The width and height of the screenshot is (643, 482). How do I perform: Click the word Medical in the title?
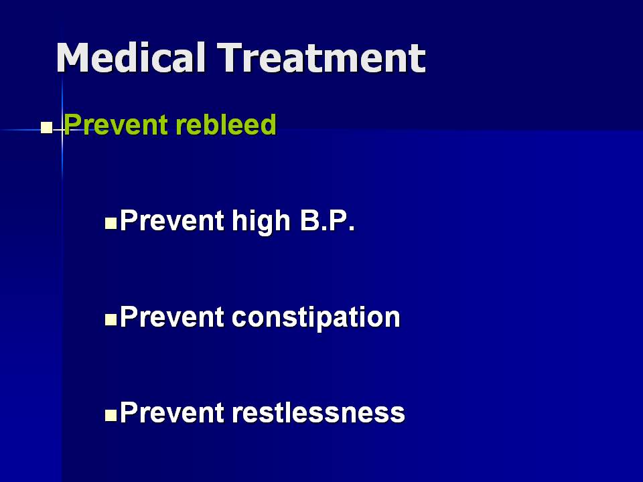click(131, 58)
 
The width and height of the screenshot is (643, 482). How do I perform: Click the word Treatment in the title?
click(321, 58)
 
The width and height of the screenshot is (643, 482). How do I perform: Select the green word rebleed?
click(226, 125)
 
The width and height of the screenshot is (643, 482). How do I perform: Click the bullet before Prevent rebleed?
click(46, 128)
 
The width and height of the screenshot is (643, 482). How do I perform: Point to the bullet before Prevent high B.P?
click(111, 224)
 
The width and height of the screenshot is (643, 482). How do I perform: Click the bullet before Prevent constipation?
click(111, 320)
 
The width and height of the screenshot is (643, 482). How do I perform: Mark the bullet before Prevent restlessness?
click(111, 416)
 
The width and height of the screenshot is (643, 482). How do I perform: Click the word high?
click(261, 222)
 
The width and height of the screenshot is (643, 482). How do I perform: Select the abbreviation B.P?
click(328, 220)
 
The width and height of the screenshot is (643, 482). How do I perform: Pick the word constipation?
click(315, 318)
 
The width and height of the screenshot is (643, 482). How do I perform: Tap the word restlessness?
click(318, 412)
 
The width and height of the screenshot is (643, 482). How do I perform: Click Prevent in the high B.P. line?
click(172, 220)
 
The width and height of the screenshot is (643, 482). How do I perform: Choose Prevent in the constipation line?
click(172, 317)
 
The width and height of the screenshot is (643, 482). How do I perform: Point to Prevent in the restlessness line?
click(172, 413)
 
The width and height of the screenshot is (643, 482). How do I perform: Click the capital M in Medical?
click(72, 58)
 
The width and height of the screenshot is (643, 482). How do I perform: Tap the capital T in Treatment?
click(230, 58)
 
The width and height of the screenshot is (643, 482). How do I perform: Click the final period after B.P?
click(352, 229)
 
